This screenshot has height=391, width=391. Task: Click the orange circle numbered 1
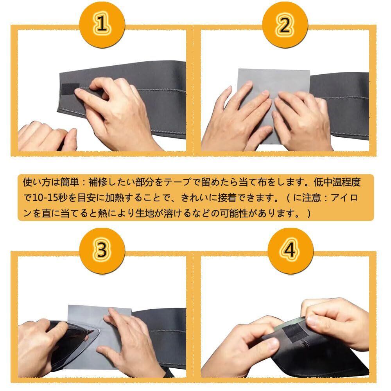tap(102, 24)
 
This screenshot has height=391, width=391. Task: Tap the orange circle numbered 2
tap(285, 24)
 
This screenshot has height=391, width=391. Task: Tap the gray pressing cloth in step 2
tap(272, 105)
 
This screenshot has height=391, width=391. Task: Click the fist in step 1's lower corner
tap(46, 137)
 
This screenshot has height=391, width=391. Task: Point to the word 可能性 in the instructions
tap(234, 213)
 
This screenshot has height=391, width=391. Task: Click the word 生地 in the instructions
tap(144, 213)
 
